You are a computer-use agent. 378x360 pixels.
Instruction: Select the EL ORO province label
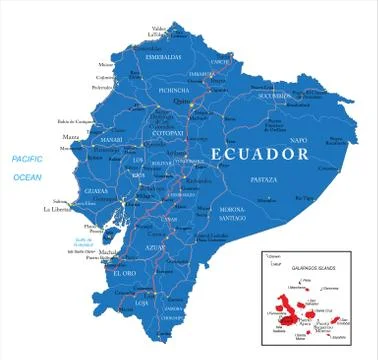tap(125, 273)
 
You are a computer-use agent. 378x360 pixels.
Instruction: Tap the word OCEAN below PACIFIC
tap(27, 177)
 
